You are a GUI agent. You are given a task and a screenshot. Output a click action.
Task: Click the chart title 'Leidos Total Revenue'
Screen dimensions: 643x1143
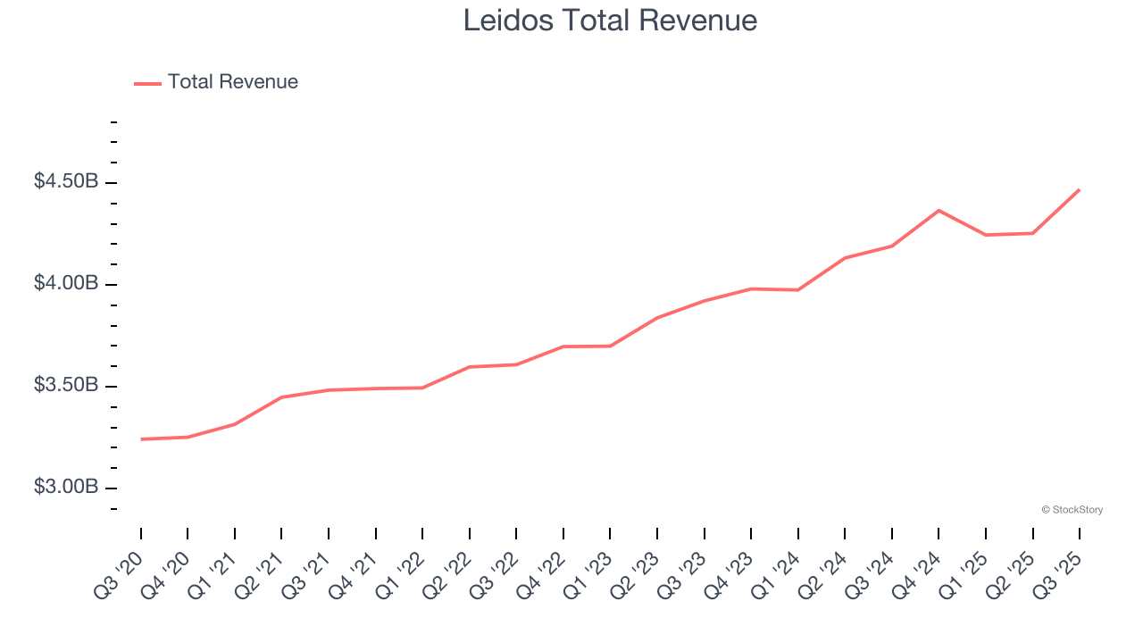[610, 21]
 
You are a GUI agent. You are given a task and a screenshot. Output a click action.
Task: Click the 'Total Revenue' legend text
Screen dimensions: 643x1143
[232, 82]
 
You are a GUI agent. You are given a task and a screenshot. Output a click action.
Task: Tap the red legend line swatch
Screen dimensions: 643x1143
[147, 83]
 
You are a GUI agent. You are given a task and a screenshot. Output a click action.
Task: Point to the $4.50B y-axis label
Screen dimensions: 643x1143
[66, 182]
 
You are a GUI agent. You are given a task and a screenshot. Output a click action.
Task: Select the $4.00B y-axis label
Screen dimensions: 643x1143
[66, 284]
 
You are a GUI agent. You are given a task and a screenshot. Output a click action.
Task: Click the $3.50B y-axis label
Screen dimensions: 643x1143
[66, 386]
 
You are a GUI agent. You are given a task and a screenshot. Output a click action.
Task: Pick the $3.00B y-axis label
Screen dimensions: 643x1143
[66, 488]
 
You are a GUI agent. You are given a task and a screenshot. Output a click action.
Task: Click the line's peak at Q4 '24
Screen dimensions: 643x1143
[939, 211]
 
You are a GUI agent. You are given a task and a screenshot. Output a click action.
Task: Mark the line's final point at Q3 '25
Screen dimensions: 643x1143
[1079, 190]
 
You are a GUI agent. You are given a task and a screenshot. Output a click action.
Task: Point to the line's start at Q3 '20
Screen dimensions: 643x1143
[141, 439]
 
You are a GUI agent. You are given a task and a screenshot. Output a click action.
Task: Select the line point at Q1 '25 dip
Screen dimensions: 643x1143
[986, 235]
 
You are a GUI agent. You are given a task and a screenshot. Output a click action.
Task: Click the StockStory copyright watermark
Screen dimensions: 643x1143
[1072, 510]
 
